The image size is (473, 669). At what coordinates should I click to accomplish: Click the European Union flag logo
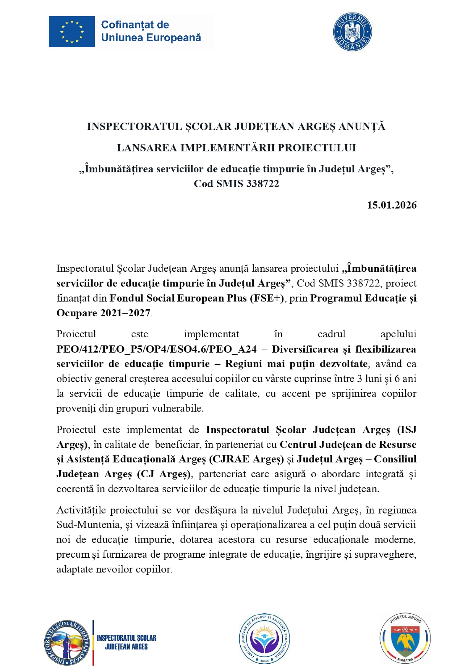click(x=72, y=32)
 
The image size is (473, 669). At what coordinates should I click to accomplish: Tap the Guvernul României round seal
click(x=352, y=32)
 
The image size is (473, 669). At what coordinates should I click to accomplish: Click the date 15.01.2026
click(x=391, y=205)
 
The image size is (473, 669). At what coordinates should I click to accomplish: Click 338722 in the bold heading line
click(x=263, y=184)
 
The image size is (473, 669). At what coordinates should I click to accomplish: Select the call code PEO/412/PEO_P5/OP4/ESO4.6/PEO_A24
click(x=156, y=349)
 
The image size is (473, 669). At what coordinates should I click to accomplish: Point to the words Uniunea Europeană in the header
click(x=151, y=38)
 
